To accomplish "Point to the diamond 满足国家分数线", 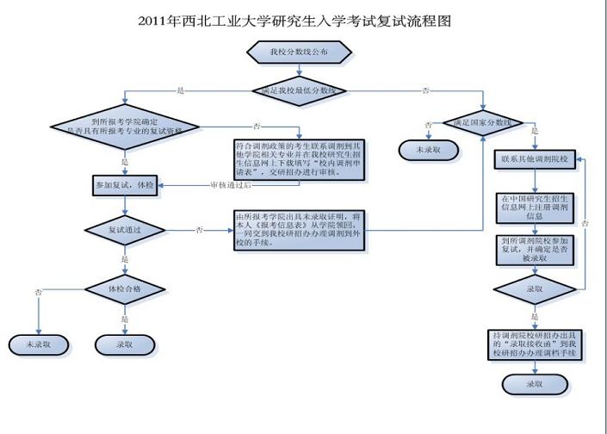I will [477, 123].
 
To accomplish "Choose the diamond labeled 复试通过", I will [126, 230].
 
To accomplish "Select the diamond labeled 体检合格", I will [125, 288].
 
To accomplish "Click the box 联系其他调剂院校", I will [536, 161].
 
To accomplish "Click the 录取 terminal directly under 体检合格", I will [126, 345].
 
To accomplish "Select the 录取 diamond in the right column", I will [536, 288].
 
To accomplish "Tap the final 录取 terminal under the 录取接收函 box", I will [536, 383].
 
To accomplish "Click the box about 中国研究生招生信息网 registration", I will [536, 208].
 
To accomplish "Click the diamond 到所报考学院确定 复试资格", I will [125, 126].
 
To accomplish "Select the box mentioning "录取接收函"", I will [536, 343].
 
